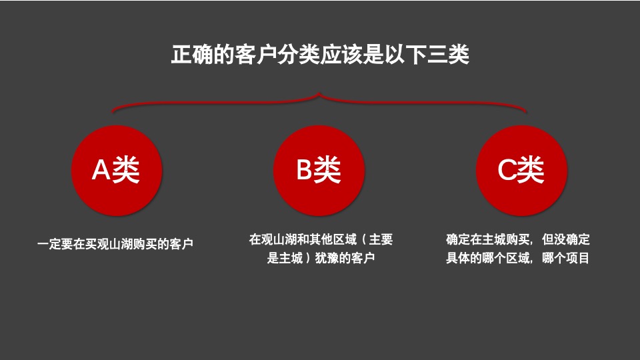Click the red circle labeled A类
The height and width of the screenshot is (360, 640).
pyautogui.click(x=116, y=171)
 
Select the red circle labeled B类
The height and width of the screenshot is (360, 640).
pyautogui.click(x=319, y=171)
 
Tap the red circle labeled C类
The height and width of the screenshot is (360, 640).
pyautogui.click(x=522, y=171)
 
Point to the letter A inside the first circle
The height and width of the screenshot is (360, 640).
pyautogui.click(x=101, y=171)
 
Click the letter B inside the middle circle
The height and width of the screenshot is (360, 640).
pyautogui.click(x=305, y=171)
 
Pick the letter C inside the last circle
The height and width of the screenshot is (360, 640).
pyautogui.click(x=507, y=171)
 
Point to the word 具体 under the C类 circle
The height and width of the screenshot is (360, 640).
pyautogui.click(x=458, y=258)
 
